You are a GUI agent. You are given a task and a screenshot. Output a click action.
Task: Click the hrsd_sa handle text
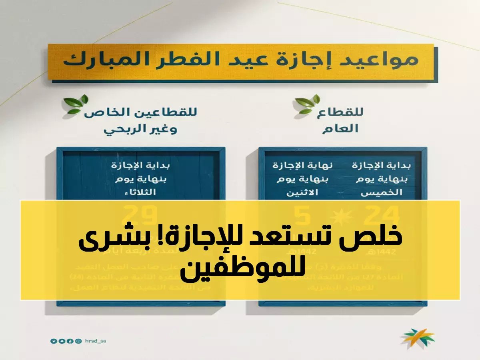[95, 341]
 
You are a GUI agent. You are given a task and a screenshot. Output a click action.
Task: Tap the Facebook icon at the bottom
[70, 341]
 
